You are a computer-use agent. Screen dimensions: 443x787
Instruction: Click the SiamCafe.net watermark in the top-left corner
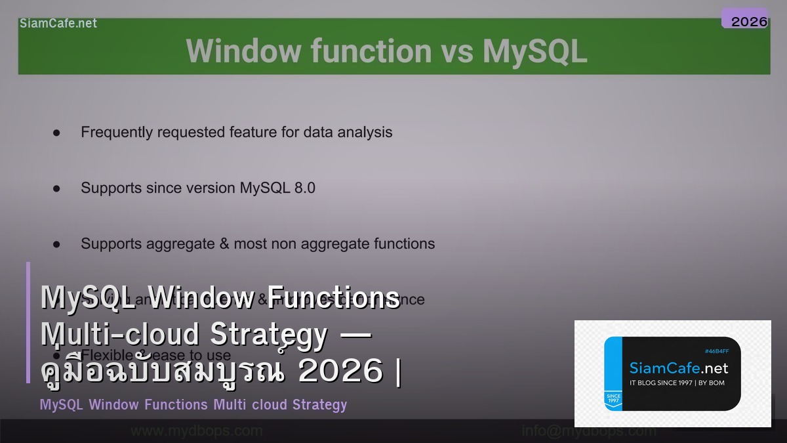58,23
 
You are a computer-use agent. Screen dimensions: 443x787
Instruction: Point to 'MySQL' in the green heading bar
535,51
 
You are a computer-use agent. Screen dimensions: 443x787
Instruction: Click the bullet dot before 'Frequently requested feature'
56,133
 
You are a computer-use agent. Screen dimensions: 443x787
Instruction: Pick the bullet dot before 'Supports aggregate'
56,244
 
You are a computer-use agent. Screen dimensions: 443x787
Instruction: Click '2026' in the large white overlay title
340,371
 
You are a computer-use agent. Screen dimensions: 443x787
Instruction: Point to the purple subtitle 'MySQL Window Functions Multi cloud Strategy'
193,404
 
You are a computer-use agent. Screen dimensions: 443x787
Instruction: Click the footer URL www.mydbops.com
197,431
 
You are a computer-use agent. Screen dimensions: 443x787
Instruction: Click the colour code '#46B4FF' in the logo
716,351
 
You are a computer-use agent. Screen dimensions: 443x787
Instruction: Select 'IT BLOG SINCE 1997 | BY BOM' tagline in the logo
676,383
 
